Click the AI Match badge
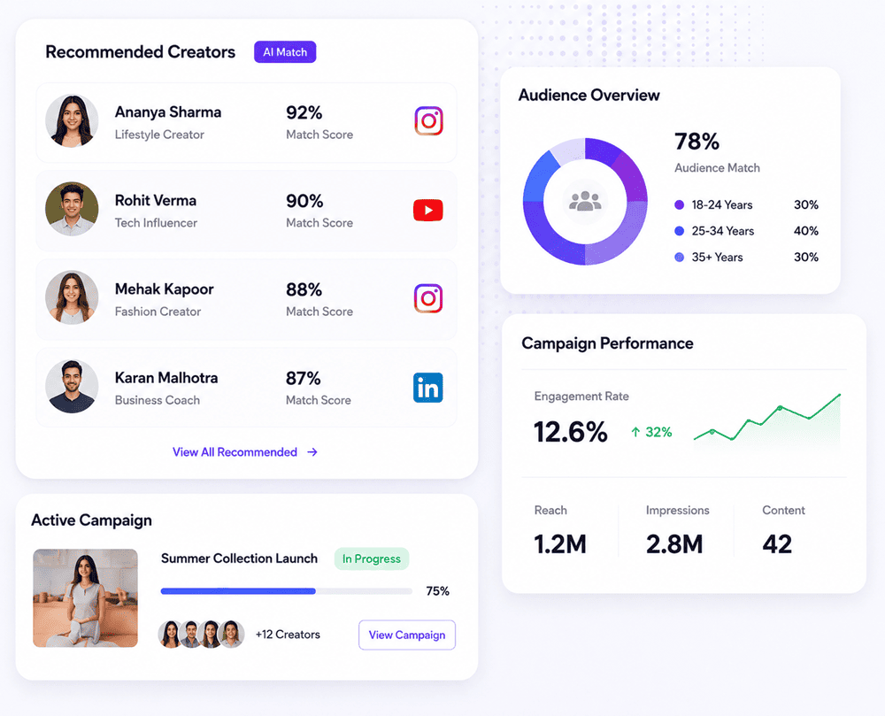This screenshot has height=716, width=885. pos(285,52)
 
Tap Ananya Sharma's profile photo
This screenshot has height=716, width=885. pos(72,120)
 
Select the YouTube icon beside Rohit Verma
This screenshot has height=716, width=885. pos(427,210)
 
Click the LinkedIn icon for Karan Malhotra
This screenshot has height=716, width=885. pos(427,388)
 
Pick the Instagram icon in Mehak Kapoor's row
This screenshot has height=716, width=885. pos(428,298)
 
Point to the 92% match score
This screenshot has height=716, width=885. pos(304,113)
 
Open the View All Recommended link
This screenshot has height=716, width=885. pos(245,452)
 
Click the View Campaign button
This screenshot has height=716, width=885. pos(407,635)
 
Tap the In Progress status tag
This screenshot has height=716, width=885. pos(372,558)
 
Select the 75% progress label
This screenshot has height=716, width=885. pos(437,590)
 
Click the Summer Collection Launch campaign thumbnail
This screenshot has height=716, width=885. pos(85,598)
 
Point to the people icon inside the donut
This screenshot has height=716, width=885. pos(585,201)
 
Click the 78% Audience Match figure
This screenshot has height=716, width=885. pos(697,142)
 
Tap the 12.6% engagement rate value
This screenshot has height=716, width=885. pos(571,432)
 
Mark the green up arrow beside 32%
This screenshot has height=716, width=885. pos(635,432)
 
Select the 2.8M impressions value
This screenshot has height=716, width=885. pos(674,544)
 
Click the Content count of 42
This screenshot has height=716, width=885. pos(777,544)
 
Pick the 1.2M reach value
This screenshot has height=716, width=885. pos(560,544)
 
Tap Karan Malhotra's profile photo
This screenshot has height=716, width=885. pos(72,387)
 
